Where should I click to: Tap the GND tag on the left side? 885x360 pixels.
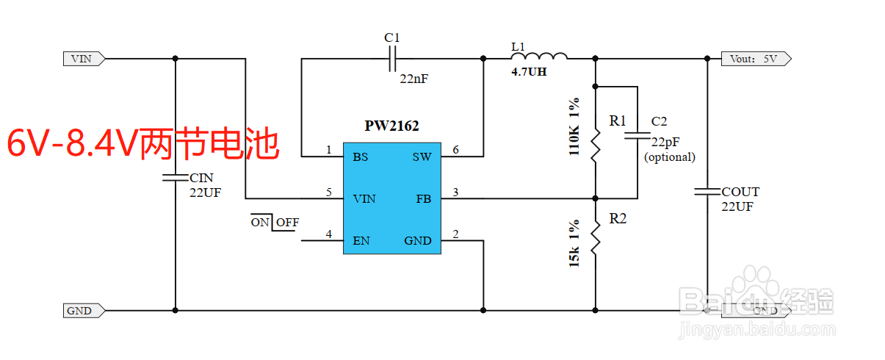83,311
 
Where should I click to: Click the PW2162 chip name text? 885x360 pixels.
391,126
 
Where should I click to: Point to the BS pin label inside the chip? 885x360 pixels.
360,156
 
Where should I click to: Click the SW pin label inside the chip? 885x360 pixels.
422,156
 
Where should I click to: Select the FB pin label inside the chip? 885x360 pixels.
423,198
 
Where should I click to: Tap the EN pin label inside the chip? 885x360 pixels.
361,240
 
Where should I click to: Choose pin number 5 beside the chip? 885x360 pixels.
329,192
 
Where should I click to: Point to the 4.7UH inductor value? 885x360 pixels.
529,72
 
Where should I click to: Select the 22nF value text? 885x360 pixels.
413,79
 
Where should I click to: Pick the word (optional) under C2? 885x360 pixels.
669,156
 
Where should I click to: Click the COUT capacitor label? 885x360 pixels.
740,192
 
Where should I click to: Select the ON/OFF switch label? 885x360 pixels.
275,222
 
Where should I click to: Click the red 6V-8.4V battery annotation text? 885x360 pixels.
143,144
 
